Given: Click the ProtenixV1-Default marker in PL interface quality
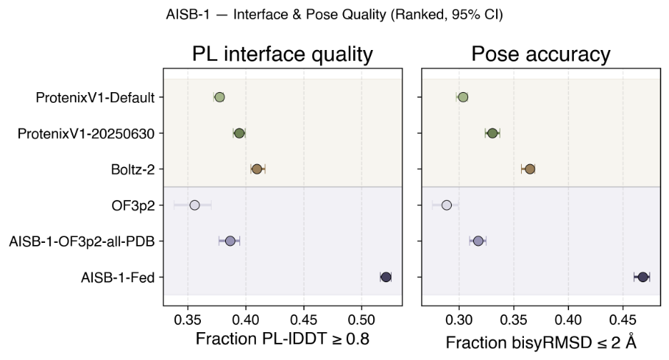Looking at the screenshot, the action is click(219, 97).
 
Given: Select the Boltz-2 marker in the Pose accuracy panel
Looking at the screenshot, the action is click(530, 169).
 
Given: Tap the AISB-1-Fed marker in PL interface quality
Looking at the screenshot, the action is click(386, 277).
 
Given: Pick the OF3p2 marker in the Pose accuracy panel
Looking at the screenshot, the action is click(446, 205).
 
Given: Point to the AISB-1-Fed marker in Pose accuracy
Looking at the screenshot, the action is click(643, 277).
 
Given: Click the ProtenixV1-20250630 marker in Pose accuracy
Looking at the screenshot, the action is click(492, 133).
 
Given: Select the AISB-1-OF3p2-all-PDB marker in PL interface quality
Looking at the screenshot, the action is click(230, 241).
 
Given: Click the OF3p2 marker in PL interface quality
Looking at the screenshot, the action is click(194, 205).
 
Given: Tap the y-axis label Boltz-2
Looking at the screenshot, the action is click(133, 170).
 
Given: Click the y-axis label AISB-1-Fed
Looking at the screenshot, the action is click(118, 278).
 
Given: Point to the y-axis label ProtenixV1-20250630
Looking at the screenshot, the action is click(86, 134).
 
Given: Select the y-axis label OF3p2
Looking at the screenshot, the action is click(133, 206).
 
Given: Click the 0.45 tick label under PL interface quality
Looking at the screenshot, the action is click(304, 319).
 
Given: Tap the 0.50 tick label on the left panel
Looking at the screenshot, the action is click(362, 319).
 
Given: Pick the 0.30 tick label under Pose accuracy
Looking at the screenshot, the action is click(459, 319).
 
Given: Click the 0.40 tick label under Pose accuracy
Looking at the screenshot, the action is click(568, 319).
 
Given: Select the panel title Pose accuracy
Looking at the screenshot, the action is click(540, 54).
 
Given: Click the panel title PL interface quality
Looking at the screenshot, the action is click(282, 54).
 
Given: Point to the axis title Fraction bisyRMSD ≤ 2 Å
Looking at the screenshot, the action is click(541, 341).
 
